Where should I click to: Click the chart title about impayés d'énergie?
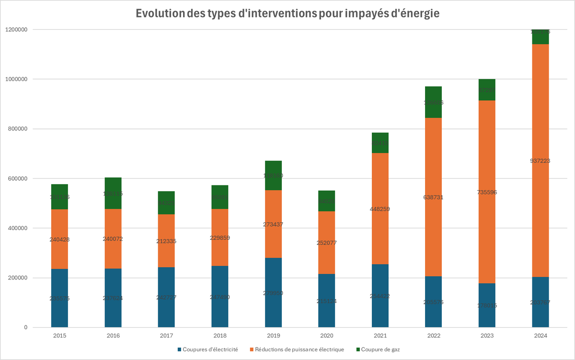pyautogui.click(x=287, y=13)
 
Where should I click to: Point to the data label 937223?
pyautogui.click(x=540, y=161)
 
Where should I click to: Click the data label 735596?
pyautogui.click(x=487, y=192)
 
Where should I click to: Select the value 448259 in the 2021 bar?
pyautogui.click(x=380, y=209)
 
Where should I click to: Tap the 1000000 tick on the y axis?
pyautogui.click(x=17, y=79)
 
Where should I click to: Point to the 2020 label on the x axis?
pyautogui.click(x=327, y=336)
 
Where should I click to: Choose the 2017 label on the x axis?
pyautogui.click(x=166, y=336)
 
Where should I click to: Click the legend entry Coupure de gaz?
pyautogui.click(x=380, y=349)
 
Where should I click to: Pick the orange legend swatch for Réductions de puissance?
pyautogui.click(x=251, y=349)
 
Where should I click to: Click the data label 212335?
pyautogui.click(x=166, y=241)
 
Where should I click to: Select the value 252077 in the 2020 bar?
pyautogui.click(x=327, y=243)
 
